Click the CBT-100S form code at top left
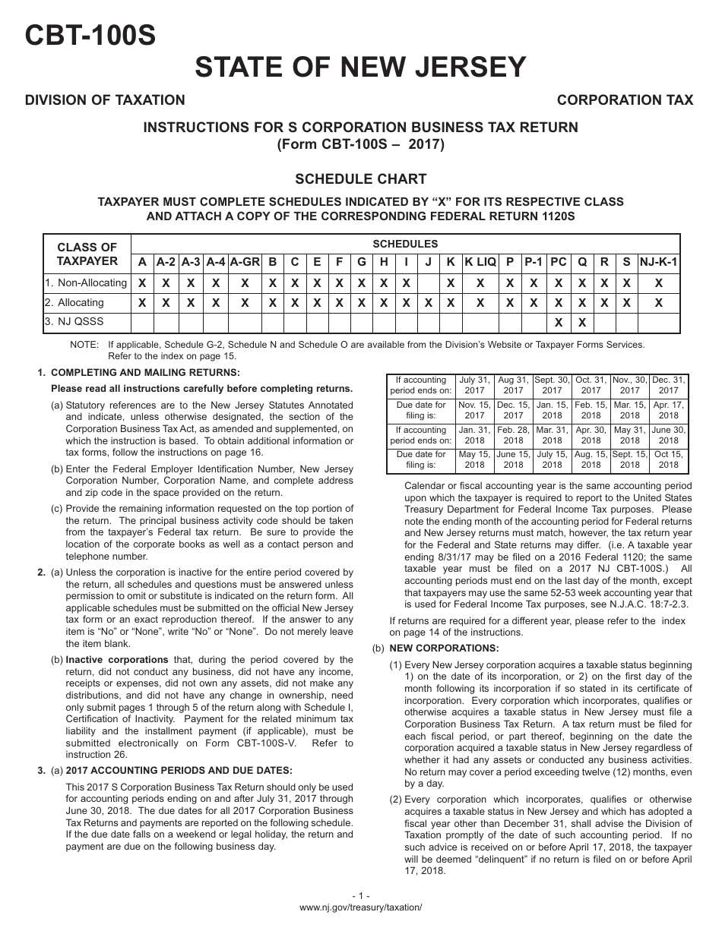pyautogui.click(x=90, y=34)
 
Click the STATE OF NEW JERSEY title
pyautogui.click(x=360, y=68)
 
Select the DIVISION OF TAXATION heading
pyautogui.click(x=105, y=100)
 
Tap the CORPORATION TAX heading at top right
pyautogui.click(x=625, y=100)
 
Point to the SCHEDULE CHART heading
pyautogui.click(x=360, y=179)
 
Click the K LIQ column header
pyautogui.click(x=480, y=262)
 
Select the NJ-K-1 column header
pyautogui.click(x=658, y=262)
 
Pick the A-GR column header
pyautogui.click(x=245, y=262)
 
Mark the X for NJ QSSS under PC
pyautogui.click(x=558, y=322)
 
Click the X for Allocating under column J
pyautogui.click(x=429, y=302)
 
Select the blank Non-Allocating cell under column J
pyautogui.click(x=429, y=282)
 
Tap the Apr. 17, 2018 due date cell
pyautogui.click(x=668, y=410)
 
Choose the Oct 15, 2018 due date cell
pyautogui.click(x=668, y=459)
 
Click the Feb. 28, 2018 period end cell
pyautogui.click(x=513, y=435)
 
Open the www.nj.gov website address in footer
pyautogui.click(x=360, y=907)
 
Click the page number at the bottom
pyautogui.click(x=360, y=896)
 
